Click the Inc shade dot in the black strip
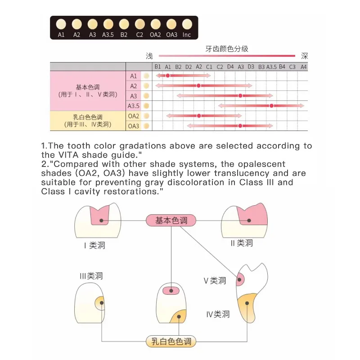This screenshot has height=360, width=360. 187,24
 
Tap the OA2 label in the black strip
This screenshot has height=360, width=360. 155,35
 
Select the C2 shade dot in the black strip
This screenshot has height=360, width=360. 139,24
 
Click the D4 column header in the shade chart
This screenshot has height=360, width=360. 230,67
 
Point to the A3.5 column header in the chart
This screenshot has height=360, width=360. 271,67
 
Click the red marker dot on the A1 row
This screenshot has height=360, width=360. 168,76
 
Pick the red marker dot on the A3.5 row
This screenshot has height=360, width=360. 271,106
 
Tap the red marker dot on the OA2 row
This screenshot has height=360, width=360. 199,116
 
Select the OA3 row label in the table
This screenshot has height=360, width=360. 133,126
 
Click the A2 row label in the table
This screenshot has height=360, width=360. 133,86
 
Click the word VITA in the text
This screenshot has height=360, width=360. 69,155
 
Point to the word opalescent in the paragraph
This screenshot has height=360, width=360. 261,164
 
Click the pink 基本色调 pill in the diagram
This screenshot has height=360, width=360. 171,220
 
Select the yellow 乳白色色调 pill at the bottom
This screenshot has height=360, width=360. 171,342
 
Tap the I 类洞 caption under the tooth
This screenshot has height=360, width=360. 94,245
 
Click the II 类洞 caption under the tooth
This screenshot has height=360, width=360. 242,243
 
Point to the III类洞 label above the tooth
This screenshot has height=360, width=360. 91,276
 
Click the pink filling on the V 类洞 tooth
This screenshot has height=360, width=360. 240,279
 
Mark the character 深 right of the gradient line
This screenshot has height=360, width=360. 304,56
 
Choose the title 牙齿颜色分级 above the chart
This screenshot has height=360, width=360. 227,49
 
